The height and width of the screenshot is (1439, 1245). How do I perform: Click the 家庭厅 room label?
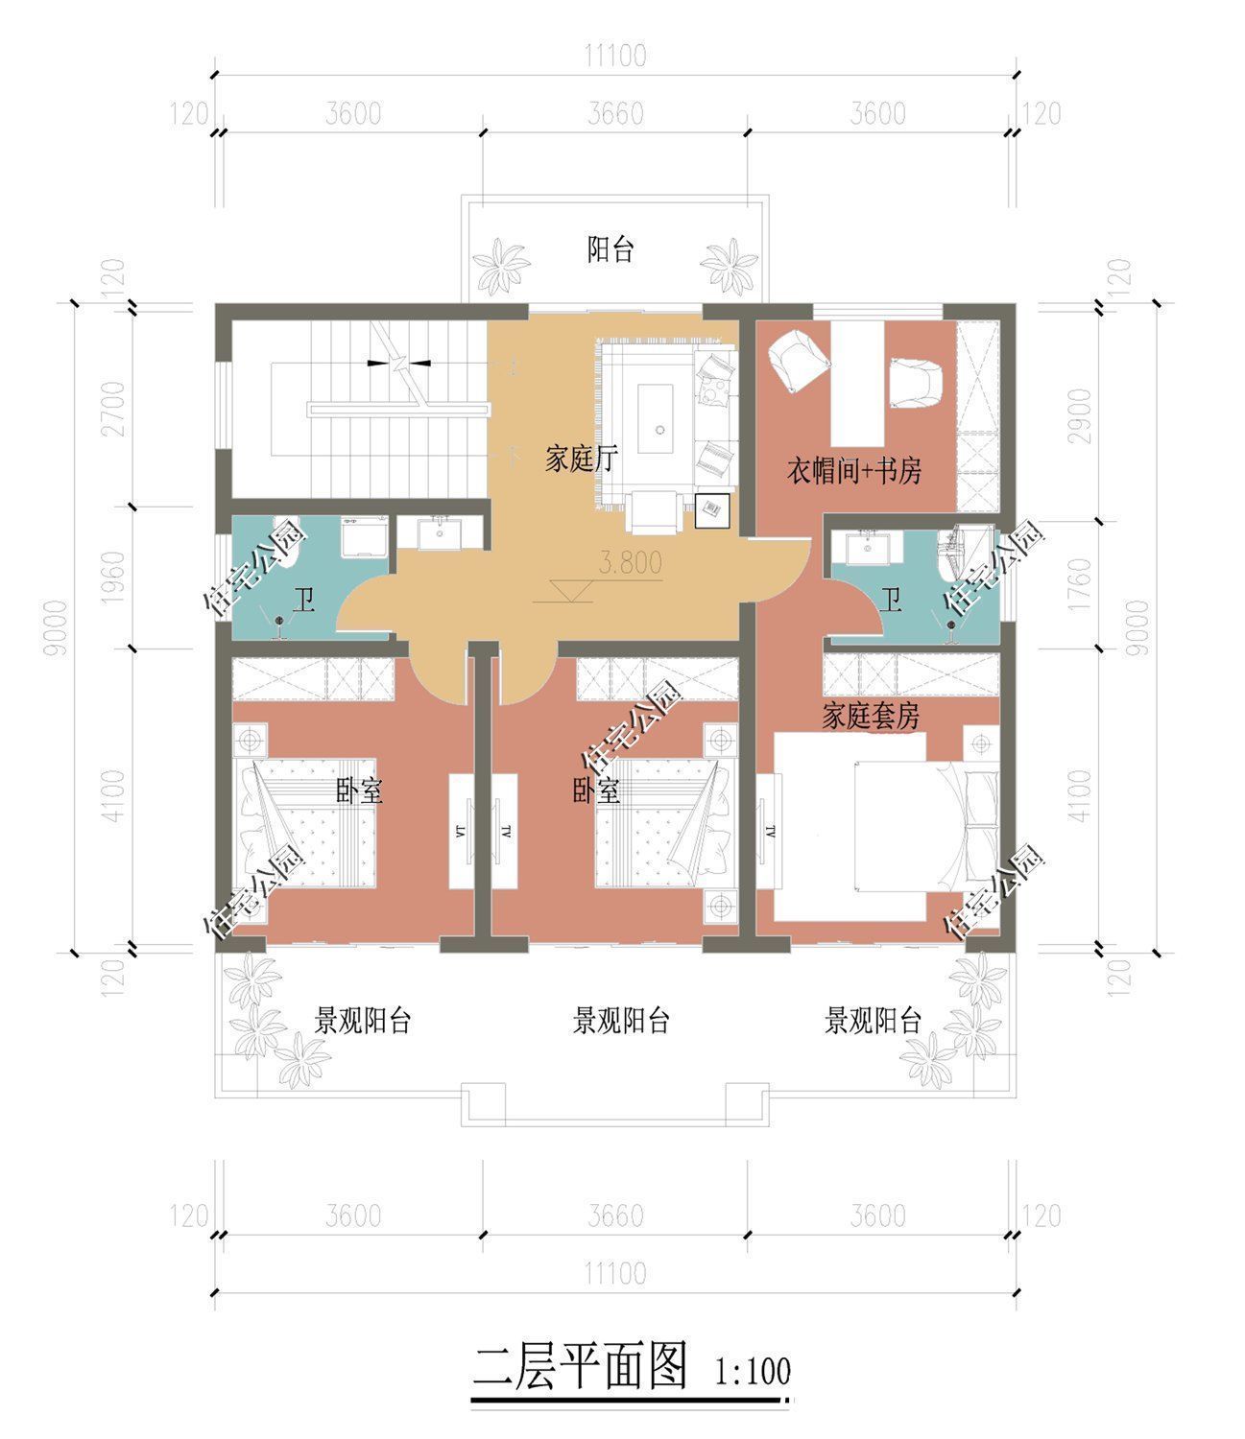(582, 460)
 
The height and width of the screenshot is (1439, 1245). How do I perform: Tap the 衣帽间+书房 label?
(854, 471)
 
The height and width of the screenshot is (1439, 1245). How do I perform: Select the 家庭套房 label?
(871, 715)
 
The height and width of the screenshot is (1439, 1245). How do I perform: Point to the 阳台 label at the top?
(611, 249)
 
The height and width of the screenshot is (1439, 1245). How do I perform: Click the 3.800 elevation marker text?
(631, 562)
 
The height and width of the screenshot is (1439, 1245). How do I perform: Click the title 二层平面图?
(581, 1366)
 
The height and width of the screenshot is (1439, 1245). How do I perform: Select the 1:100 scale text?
(753, 1371)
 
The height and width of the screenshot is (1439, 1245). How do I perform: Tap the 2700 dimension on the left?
(113, 409)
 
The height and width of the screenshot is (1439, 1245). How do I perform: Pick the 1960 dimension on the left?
(113, 578)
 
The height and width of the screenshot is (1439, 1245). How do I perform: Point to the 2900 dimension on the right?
(1079, 416)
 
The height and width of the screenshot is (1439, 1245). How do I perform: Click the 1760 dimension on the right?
(1079, 585)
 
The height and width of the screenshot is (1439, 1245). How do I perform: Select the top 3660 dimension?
(615, 113)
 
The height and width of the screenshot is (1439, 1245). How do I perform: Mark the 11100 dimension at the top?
(615, 56)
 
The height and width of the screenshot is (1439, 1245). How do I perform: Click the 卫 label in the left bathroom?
(303, 600)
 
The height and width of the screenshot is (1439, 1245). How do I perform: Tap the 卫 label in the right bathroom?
(891, 600)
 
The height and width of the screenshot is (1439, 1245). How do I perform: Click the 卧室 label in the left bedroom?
(360, 790)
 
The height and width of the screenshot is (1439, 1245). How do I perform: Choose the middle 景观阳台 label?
(621, 1021)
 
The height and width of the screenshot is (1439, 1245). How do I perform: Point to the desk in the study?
(857, 384)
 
